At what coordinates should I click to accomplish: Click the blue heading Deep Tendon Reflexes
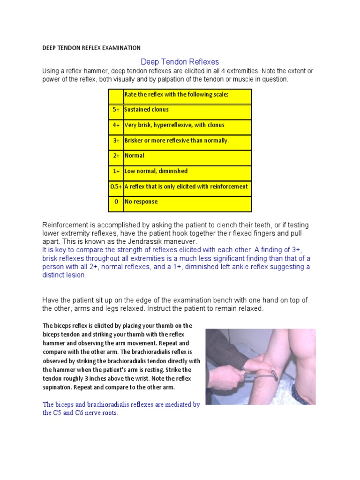pyautogui.click(x=180, y=62)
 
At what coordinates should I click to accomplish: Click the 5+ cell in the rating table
pyautogui.click(x=116, y=110)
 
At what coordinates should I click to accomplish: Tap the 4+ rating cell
pyautogui.click(x=116, y=125)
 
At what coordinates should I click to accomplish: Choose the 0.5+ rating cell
pyautogui.click(x=116, y=187)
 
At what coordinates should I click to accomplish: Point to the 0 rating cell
pyautogui.click(x=116, y=202)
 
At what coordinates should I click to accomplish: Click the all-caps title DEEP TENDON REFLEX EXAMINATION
pyautogui.click(x=91, y=48)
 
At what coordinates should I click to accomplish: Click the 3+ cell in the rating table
pyautogui.click(x=116, y=141)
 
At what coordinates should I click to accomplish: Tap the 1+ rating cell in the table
pyautogui.click(x=116, y=171)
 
